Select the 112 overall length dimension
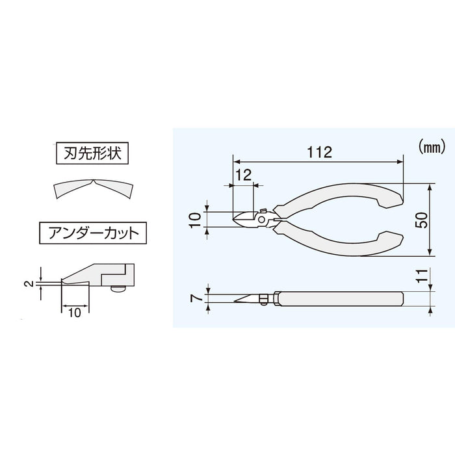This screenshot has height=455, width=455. (319, 153)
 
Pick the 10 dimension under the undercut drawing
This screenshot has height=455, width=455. (74, 313)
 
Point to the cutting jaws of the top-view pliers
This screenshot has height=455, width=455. (246, 219)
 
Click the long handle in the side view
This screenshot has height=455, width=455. (341, 298)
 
